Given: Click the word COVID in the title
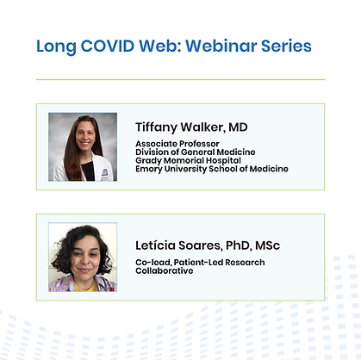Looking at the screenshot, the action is pos(108,46).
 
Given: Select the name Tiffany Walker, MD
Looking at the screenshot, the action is pos(191,127).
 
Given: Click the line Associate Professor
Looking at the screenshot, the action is pos(177,144).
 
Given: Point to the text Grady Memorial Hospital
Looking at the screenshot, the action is pos(188,160).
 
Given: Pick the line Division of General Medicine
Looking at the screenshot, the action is pos(196,152).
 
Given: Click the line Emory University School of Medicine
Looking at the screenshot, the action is pos(212,169).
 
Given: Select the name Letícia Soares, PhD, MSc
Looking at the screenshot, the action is pos(208,245).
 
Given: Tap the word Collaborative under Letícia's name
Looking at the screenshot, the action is pos(165,270).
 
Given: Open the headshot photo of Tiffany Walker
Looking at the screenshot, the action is pos(83,146).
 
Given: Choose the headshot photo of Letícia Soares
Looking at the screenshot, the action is pos(83,257).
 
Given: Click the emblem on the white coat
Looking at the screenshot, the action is pos(104,172).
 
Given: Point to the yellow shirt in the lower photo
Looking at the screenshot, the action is pos(85,286).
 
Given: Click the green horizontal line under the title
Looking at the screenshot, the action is pos(180,79).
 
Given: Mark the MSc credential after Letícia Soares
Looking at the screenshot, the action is pos(267,245).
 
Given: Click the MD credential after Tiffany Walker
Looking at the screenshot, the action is pos(238,127).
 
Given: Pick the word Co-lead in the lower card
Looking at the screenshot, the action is pos(153,263).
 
